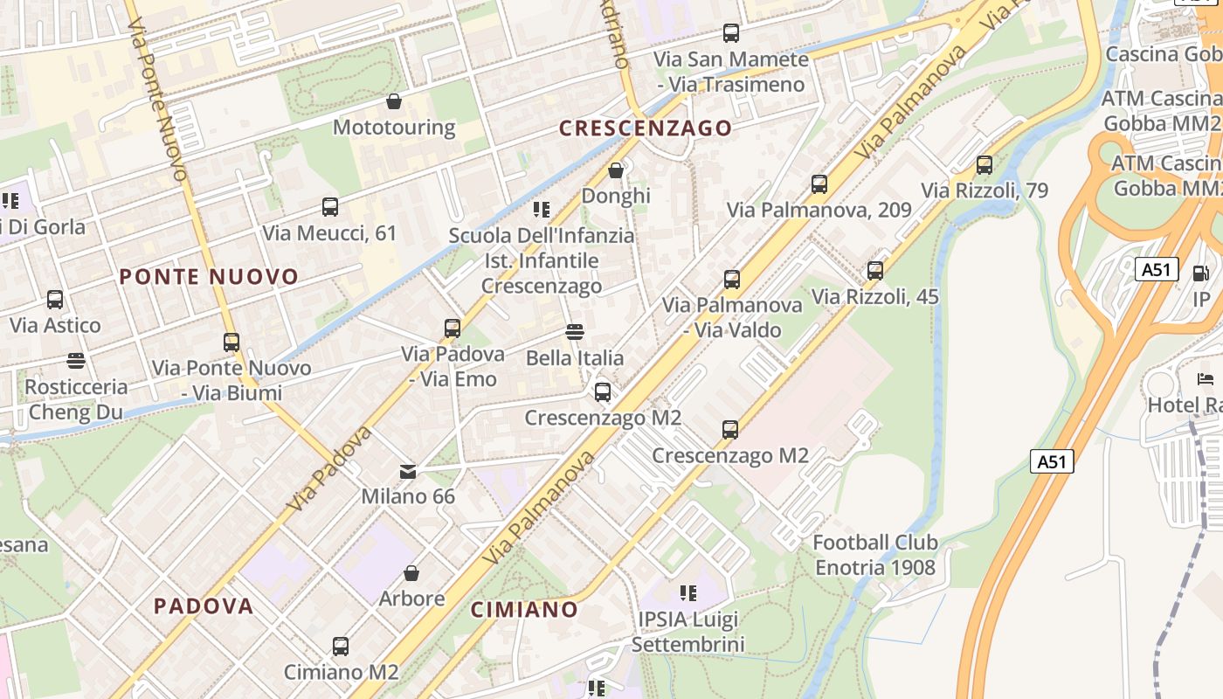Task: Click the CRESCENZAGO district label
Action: (x=646, y=128)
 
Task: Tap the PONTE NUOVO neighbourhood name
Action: (x=209, y=277)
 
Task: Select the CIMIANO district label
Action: (x=524, y=609)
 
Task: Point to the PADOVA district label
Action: (x=204, y=606)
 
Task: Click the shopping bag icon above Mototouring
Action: (x=394, y=102)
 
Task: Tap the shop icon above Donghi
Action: (x=616, y=170)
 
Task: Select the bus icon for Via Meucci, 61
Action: (x=330, y=207)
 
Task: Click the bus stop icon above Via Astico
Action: (x=55, y=300)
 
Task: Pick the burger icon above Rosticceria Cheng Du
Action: (x=76, y=361)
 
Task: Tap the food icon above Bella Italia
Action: (x=575, y=332)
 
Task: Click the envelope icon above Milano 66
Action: (x=408, y=472)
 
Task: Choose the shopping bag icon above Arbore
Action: (x=411, y=573)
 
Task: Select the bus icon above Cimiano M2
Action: (x=341, y=647)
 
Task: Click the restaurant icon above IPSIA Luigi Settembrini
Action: (x=688, y=594)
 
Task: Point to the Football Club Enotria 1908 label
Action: (x=875, y=555)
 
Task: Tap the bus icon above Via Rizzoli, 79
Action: (x=985, y=164)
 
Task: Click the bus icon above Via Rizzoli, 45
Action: (x=875, y=271)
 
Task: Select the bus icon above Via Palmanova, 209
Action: (x=819, y=184)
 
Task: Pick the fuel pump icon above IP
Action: (x=1201, y=273)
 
